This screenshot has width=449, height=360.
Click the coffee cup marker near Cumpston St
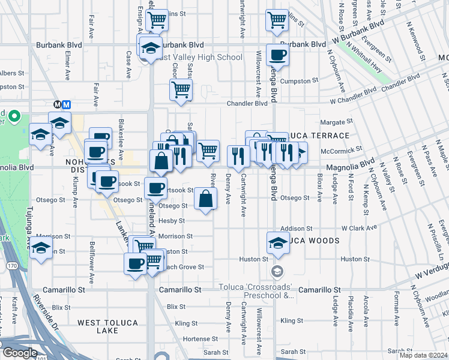click(x=277, y=55)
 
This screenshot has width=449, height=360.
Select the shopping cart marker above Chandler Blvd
click(x=181, y=90)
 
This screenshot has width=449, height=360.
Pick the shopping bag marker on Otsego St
click(x=205, y=199)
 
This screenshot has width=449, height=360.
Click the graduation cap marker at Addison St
click(x=278, y=242)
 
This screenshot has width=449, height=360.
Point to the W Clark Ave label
click(x=360, y=228)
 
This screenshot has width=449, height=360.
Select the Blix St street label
click(x=176, y=307)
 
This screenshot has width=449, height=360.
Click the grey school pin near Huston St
click(x=277, y=271)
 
